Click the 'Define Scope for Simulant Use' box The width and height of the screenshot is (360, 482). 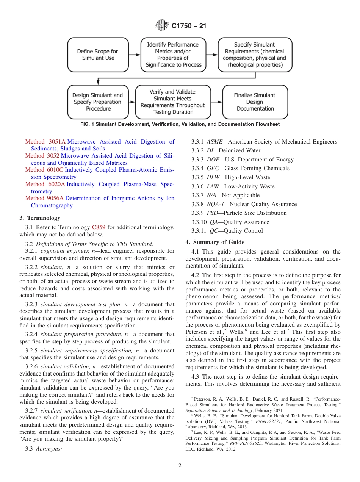(98, 55)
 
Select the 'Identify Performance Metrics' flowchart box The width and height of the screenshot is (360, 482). (173, 55)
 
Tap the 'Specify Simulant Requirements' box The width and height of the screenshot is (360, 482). (255, 55)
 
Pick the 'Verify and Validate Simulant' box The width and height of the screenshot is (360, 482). (173, 102)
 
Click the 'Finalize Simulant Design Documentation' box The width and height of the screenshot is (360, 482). (255, 102)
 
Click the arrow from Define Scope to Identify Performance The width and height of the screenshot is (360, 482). (134, 55)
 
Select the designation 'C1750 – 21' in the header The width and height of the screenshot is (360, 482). (189, 26)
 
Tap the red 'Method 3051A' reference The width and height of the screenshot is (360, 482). (45, 142)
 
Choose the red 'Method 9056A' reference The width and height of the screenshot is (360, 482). (45, 198)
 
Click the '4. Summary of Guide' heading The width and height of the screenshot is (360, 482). (215, 242)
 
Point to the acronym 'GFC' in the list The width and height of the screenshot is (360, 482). (212, 168)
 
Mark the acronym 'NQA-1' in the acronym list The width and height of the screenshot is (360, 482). (214, 204)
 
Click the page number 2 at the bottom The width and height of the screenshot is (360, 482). (180, 466)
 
